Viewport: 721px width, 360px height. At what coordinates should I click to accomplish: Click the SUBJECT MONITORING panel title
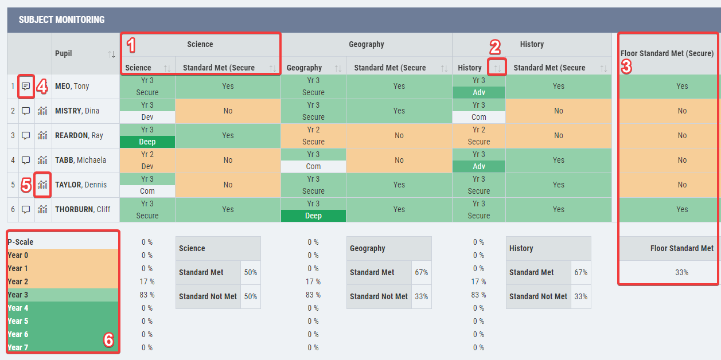(x=61, y=19)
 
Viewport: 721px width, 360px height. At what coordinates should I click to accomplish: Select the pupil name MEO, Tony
(x=72, y=87)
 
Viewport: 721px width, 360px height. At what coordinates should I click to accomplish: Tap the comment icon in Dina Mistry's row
(x=26, y=111)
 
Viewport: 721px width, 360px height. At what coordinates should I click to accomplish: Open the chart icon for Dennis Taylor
(x=42, y=185)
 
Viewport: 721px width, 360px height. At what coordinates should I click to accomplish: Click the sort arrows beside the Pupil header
(x=112, y=54)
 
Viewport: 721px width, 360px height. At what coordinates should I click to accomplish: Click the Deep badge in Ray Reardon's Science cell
(x=147, y=142)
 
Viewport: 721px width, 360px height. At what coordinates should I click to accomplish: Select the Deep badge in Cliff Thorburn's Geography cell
(x=313, y=216)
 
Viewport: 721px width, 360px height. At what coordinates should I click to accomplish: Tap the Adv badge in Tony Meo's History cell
(x=478, y=92)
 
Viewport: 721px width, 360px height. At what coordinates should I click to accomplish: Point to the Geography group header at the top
(x=366, y=44)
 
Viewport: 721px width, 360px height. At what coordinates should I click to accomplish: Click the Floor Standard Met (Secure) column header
(x=667, y=53)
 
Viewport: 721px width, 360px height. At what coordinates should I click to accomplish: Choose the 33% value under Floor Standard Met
(x=681, y=272)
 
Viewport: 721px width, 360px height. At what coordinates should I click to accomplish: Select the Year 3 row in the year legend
(x=63, y=295)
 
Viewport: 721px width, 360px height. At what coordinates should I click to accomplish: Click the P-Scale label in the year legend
(x=21, y=242)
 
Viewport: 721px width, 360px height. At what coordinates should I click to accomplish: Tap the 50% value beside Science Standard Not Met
(x=251, y=296)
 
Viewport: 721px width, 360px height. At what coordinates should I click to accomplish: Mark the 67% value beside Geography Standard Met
(x=422, y=272)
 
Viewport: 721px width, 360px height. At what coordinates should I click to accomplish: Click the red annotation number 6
(x=108, y=340)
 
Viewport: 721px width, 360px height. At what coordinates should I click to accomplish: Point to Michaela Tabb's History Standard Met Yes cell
(x=559, y=161)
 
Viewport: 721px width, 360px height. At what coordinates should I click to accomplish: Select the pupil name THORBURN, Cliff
(x=83, y=210)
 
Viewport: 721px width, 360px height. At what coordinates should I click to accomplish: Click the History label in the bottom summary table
(x=521, y=248)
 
